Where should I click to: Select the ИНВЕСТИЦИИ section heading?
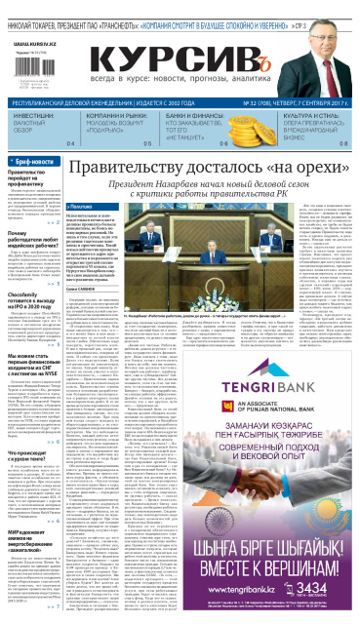pos(34,116)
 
